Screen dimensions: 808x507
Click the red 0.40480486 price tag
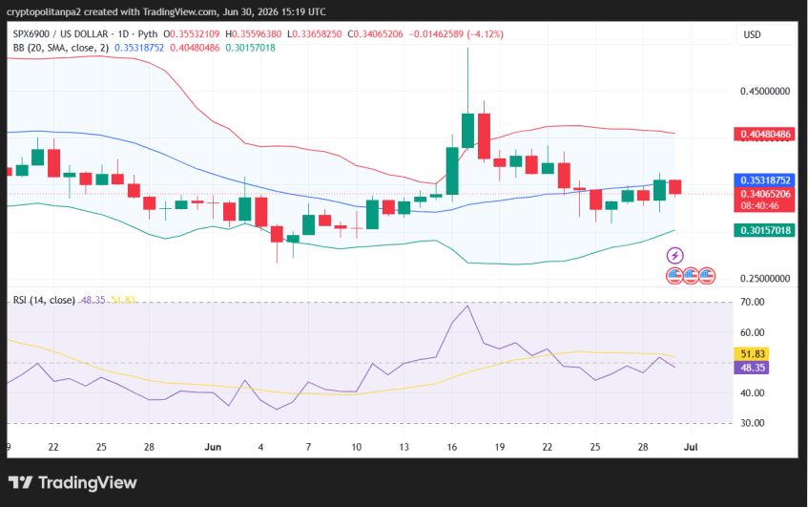[x=765, y=134]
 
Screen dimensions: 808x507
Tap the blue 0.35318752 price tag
[x=765, y=180]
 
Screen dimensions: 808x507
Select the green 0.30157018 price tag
[x=765, y=230]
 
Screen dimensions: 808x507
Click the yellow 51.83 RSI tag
[x=752, y=354]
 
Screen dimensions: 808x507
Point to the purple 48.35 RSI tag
[x=752, y=368]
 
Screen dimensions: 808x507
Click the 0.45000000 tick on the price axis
[x=765, y=92]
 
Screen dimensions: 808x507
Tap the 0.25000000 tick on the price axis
[x=765, y=279]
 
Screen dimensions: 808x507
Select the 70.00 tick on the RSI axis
[x=752, y=303]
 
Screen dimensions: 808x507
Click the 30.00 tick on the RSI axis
[x=752, y=423]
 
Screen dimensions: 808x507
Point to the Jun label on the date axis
[x=213, y=447]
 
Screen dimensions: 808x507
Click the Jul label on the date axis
[x=691, y=447]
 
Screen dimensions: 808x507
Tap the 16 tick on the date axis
[x=452, y=447]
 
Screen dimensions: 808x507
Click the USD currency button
[x=752, y=34]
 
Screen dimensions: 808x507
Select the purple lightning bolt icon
[x=675, y=255]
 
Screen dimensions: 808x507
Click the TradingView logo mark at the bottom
[x=21, y=482]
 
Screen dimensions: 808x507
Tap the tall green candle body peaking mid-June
[x=467, y=131]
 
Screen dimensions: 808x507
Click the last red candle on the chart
[x=675, y=187]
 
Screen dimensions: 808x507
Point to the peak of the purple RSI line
[x=467, y=306]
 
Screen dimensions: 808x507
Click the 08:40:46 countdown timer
[x=760, y=206]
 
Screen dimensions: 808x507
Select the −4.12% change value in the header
[x=485, y=34]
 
